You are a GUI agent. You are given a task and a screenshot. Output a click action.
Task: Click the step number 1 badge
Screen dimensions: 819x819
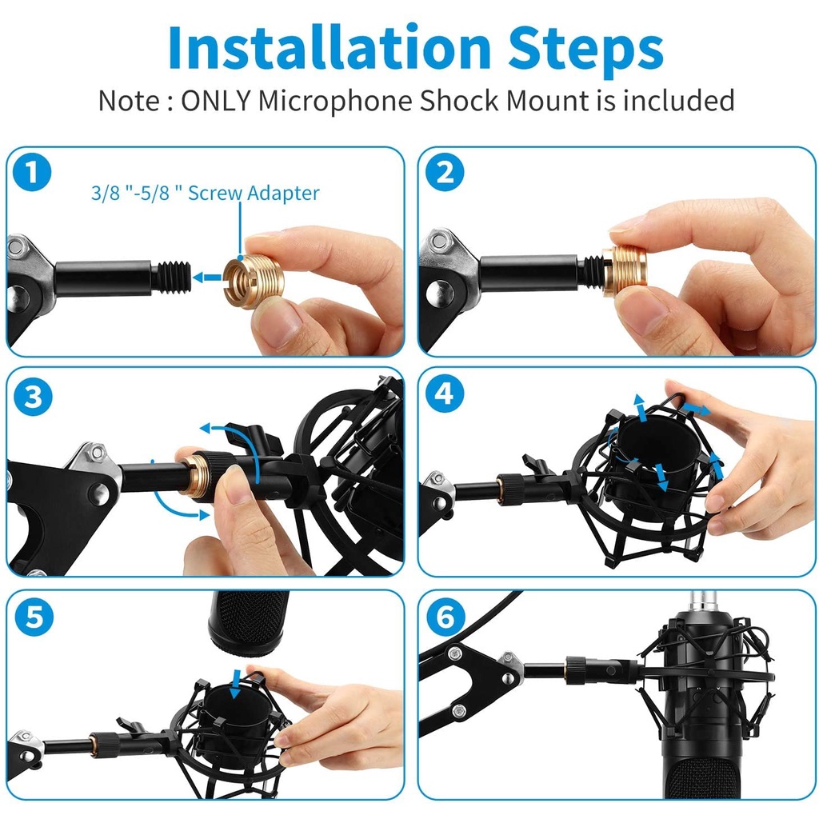point(32,172)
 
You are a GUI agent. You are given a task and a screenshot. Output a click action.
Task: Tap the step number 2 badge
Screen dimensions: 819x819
point(445,172)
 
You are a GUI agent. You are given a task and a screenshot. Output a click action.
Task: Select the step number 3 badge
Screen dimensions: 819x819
point(32,397)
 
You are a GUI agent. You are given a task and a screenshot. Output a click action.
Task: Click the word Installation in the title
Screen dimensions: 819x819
point(330,47)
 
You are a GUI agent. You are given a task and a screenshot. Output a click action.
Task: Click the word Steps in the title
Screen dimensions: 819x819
point(585,50)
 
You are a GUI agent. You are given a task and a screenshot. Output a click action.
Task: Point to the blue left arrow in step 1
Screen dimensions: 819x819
point(207,278)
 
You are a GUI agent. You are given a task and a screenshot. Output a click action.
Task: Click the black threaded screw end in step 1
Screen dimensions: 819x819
point(172,278)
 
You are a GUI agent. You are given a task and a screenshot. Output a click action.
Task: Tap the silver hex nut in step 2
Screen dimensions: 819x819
point(440,240)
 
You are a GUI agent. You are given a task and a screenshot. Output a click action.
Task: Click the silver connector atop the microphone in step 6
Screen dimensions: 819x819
point(705,600)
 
